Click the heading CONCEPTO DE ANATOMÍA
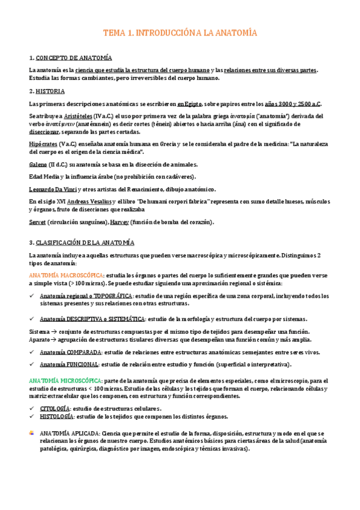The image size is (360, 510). (x=74, y=58)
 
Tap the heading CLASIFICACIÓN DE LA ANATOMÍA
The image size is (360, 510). (x=85, y=242)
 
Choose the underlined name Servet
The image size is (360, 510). (x=37, y=222)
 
